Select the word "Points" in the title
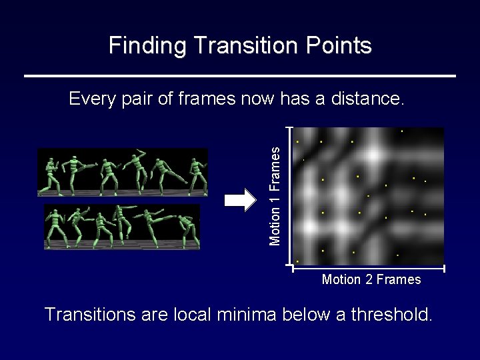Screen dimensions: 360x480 coord(345,45)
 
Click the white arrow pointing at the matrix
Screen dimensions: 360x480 coord(241,199)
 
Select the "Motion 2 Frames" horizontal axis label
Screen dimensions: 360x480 coord(371,279)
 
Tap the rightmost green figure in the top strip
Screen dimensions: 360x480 coord(197,173)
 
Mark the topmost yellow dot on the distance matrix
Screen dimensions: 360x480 coord(401,131)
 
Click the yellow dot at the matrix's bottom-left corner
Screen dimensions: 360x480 coord(297,261)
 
